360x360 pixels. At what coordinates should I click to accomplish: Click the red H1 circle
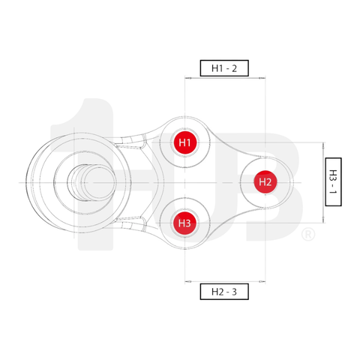coord(184,142)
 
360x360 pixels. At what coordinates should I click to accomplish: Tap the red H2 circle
coord(265,181)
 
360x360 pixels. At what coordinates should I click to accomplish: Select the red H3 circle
coord(184,223)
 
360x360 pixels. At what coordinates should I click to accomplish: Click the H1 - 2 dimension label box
coord(224,68)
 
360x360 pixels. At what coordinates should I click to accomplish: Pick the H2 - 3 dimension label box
coord(224,292)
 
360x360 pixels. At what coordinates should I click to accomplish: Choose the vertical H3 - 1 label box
coord(334,182)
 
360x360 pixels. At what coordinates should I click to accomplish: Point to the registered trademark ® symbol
coord(307,235)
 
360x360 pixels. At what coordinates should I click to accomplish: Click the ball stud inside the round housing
coord(86,182)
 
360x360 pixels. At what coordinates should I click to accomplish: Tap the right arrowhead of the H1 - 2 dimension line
coord(262,77)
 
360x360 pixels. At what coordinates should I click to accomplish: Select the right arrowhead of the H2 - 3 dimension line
coord(262,283)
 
